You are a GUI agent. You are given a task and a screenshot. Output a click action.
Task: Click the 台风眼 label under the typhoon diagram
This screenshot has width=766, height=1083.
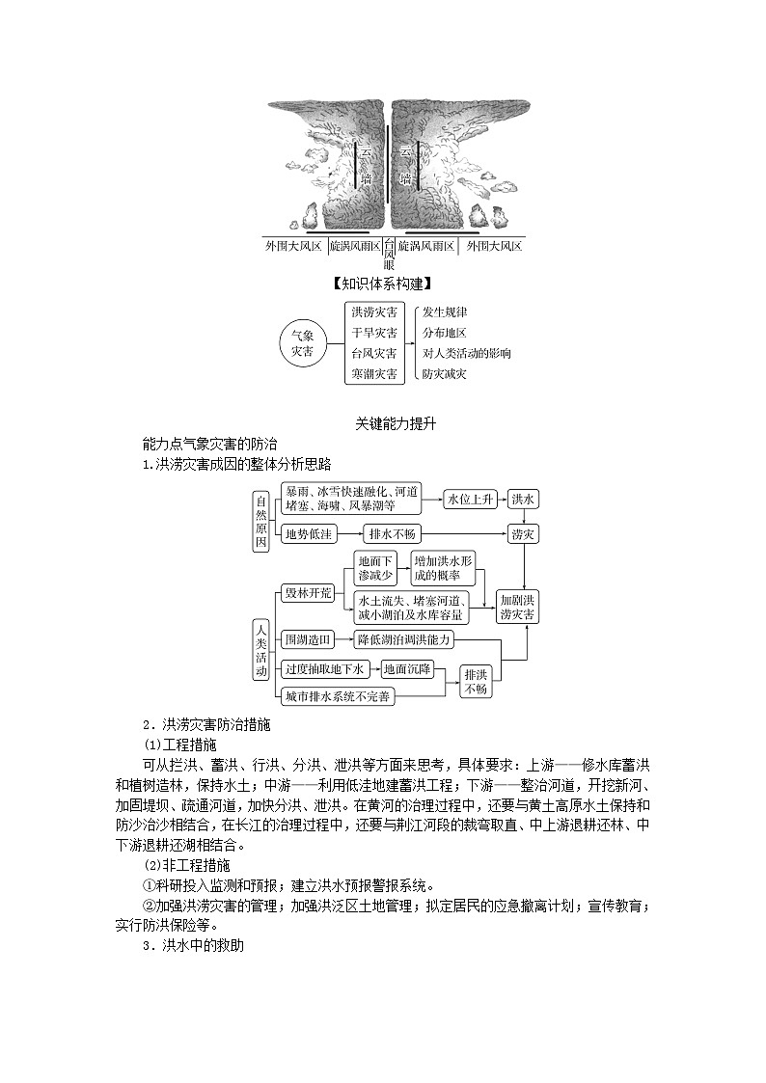pos(389,255)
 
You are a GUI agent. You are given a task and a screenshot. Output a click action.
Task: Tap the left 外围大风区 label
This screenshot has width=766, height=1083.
pos(293,247)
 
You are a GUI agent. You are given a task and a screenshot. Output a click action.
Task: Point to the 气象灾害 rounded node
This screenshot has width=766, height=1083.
pos(302,343)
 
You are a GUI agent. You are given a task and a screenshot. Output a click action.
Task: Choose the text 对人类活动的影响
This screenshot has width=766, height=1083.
pos(466,353)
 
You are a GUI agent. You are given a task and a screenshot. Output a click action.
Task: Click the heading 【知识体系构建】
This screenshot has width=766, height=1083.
pos(381,284)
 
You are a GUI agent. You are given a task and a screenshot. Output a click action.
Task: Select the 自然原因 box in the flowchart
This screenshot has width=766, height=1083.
pos(260,522)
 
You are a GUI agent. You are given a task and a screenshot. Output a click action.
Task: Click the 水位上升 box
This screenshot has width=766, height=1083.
pos(471,500)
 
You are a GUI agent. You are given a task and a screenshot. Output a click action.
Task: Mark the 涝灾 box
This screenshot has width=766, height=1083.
pos(524,533)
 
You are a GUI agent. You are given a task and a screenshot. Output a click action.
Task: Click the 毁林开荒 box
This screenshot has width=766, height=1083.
pos(307,592)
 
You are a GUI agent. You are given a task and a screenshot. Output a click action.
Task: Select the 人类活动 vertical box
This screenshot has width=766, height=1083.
pos(260,650)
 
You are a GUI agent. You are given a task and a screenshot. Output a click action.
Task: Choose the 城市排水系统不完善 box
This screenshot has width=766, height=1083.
pos(337,696)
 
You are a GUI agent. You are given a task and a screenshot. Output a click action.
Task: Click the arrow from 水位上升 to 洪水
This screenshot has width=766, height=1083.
pos(503,500)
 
